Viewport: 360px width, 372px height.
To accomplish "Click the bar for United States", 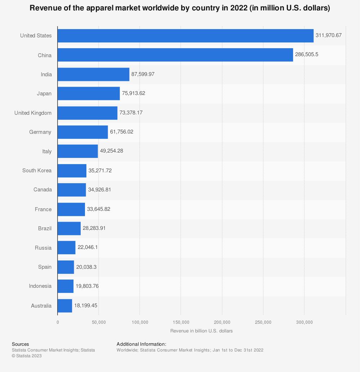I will [x=185, y=36].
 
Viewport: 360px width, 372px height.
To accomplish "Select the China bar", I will [x=175, y=55].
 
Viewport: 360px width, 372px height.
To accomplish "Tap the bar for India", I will [x=93, y=74].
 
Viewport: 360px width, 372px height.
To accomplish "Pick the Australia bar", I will [x=65, y=305].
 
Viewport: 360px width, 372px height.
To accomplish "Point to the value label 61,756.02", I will [x=122, y=132].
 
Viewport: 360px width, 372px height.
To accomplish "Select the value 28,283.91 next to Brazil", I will [x=94, y=228].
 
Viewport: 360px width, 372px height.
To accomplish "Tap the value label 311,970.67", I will [x=328, y=36].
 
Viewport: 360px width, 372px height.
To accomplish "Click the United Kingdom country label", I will [x=33, y=113].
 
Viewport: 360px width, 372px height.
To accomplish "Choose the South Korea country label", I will [x=37, y=171].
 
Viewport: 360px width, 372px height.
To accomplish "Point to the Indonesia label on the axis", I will [x=40, y=286].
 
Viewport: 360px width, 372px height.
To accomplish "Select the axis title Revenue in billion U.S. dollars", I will [x=202, y=331].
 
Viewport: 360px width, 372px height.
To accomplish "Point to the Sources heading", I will [x=20, y=344].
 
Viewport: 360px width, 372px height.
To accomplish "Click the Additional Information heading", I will [x=141, y=344].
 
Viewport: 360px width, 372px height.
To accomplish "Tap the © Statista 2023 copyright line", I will [x=27, y=356].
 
